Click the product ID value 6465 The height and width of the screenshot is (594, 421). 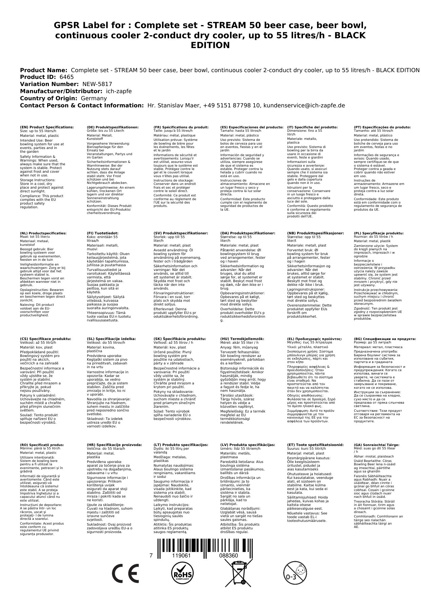[66, 77]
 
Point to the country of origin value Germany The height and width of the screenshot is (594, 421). [94, 98]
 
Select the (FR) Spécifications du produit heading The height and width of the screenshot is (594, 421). [181, 127]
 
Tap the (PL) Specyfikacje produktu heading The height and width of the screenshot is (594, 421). [379, 233]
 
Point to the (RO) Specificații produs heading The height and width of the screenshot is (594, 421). [42, 445]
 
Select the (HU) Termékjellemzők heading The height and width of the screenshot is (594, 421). [242, 339]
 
